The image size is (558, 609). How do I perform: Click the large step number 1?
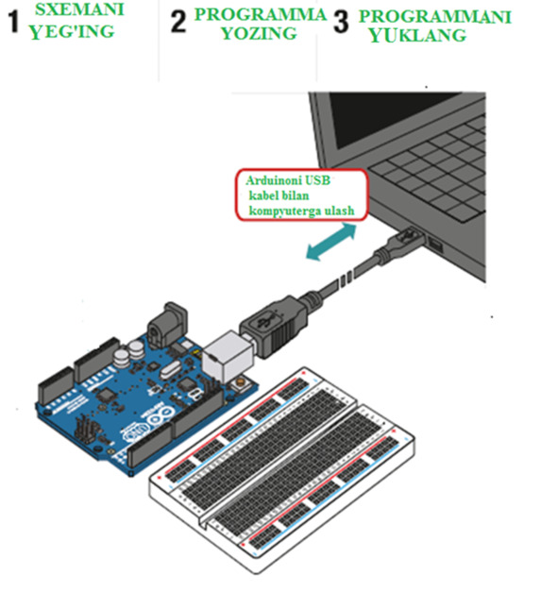pyautogui.click(x=13, y=22)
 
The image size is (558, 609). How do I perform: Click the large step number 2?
pyautogui.click(x=178, y=22)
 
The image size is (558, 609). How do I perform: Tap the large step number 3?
pyautogui.click(x=341, y=22)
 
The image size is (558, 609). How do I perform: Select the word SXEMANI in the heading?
pyautogui.click(x=79, y=9)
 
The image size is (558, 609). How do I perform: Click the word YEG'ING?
pyautogui.click(x=72, y=32)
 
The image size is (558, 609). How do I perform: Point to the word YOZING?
pyautogui.click(x=259, y=33)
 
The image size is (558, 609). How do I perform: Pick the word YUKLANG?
pyautogui.click(x=417, y=36)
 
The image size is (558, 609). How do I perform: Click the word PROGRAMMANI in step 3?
pyautogui.click(x=435, y=17)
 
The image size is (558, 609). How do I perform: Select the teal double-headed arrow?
pyautogui.click(x=330, y=242)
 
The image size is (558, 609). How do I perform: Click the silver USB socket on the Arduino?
pyautogui.click(x=228, y=357)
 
